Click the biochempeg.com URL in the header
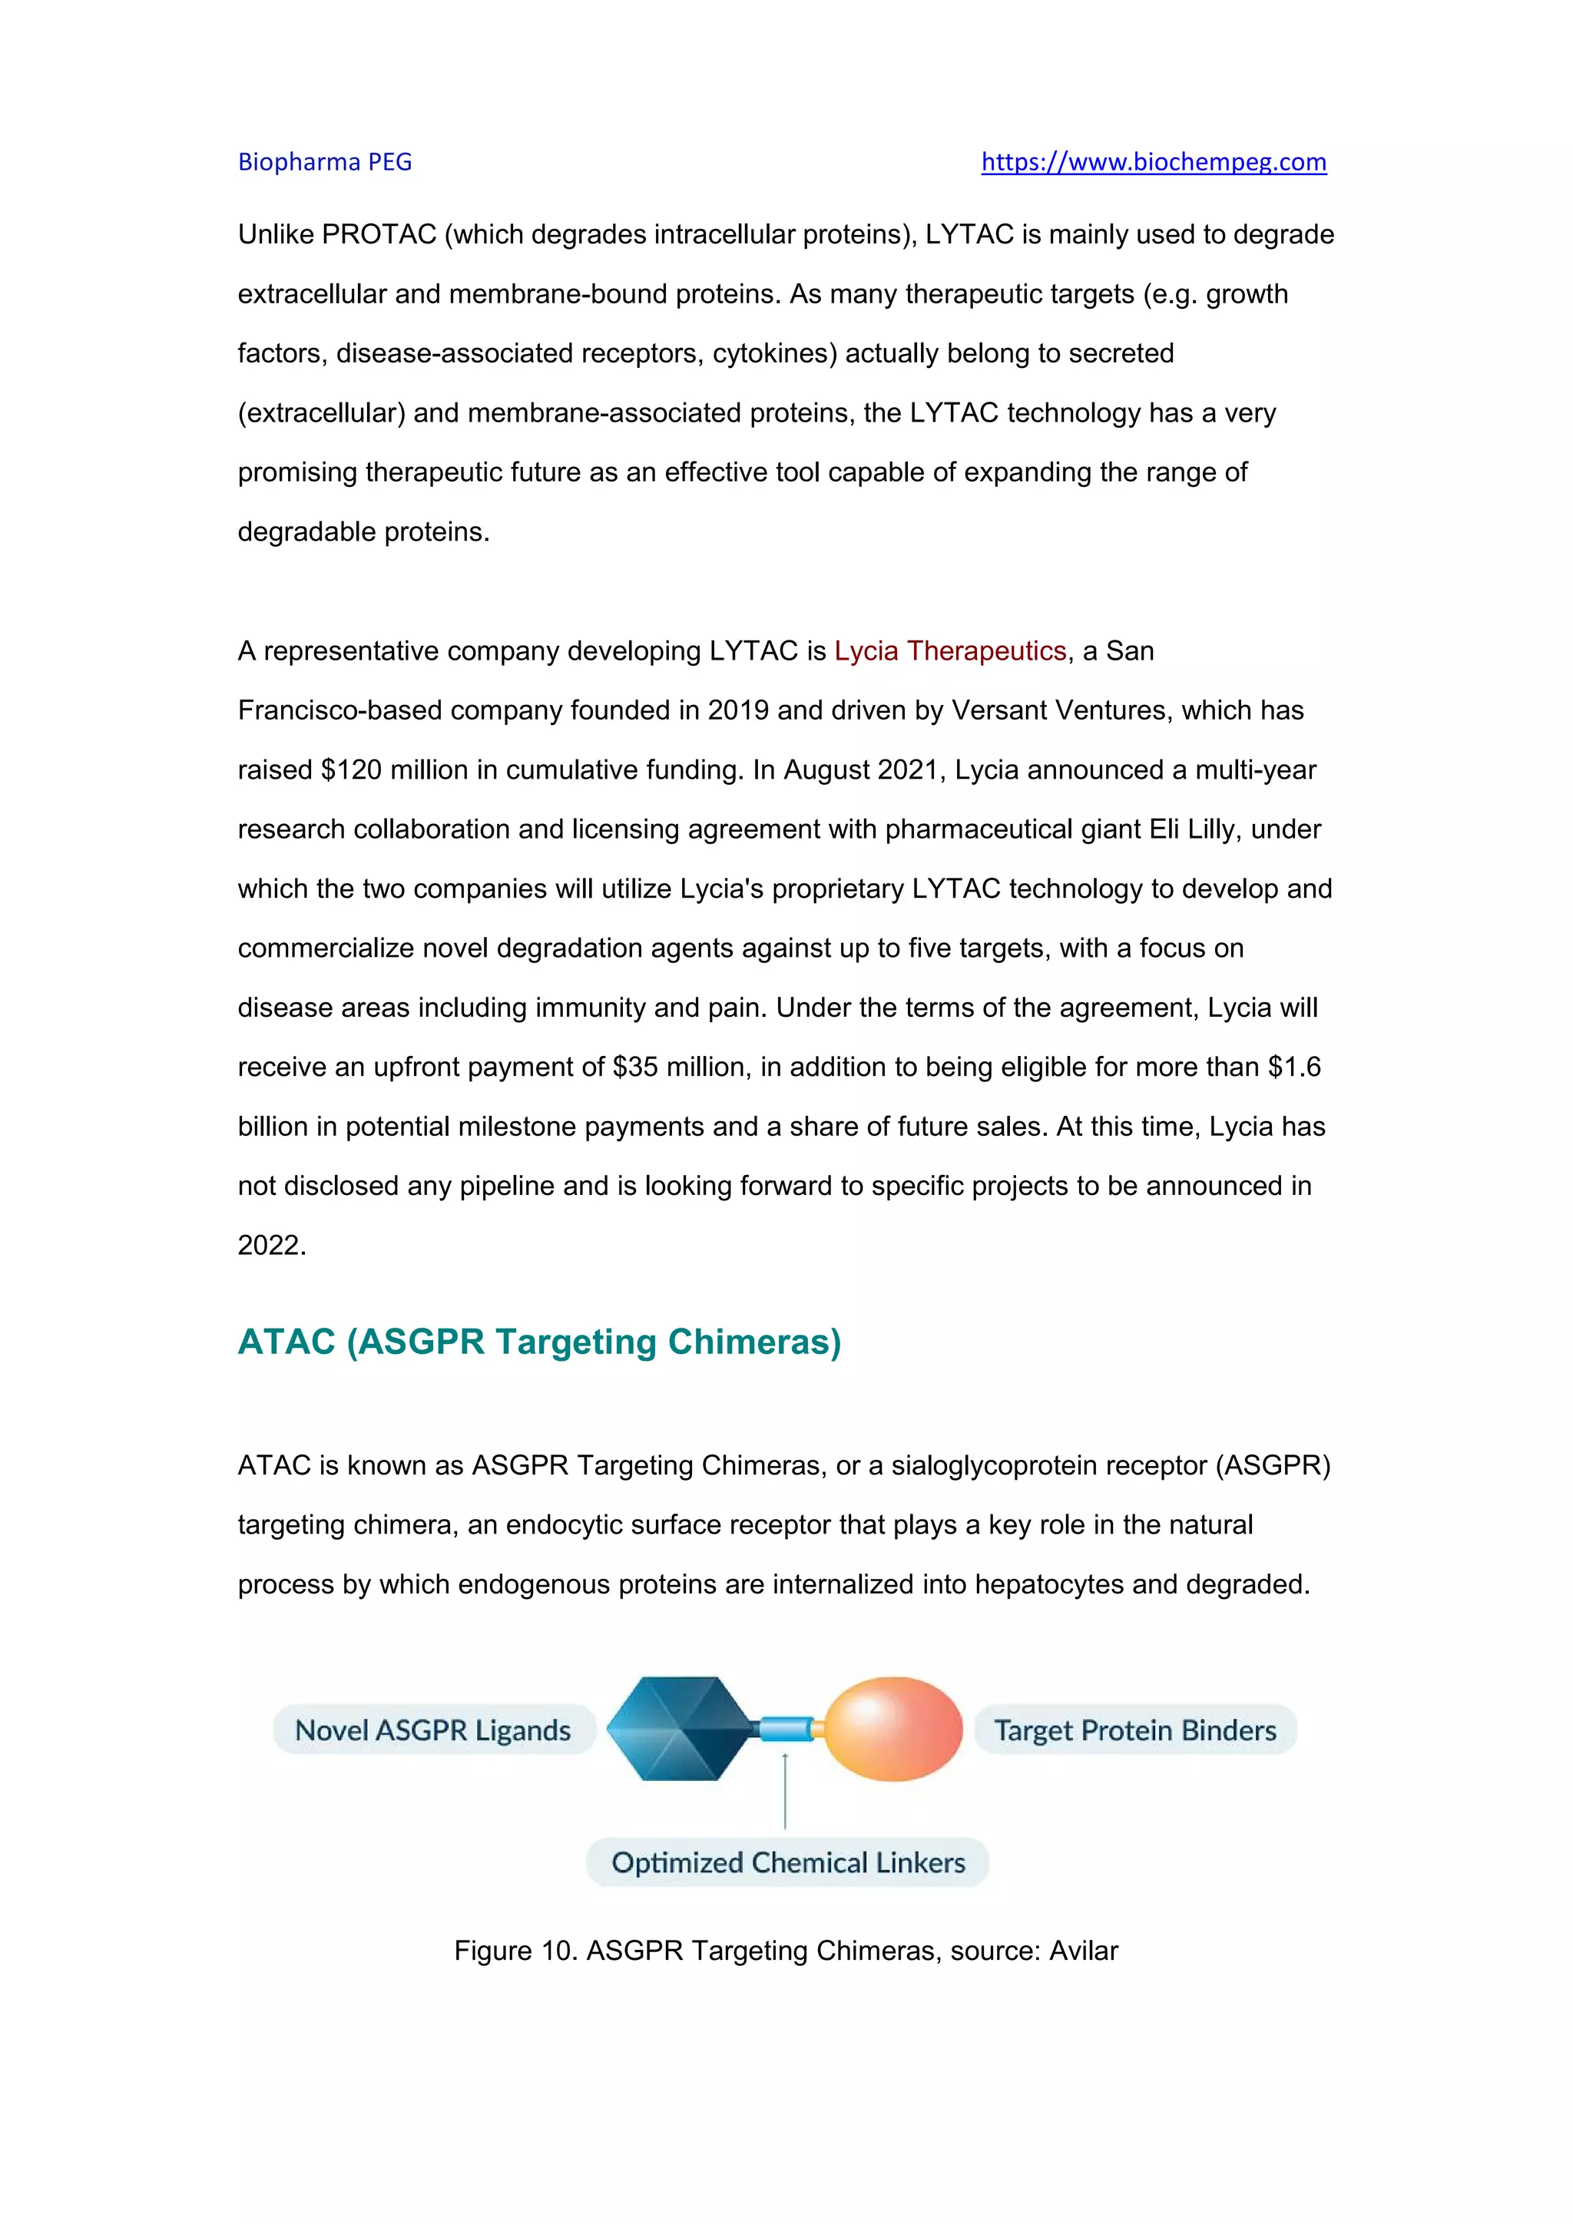1153,162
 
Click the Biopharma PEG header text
324,162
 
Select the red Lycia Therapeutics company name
949,651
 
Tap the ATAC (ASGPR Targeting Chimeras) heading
538,1342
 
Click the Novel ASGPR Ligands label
433,1730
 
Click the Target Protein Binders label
1134,1730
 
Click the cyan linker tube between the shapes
786,1728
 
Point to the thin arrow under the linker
784,1792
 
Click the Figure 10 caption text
786,1950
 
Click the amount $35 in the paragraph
634,1067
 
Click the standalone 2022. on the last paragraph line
271,1246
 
